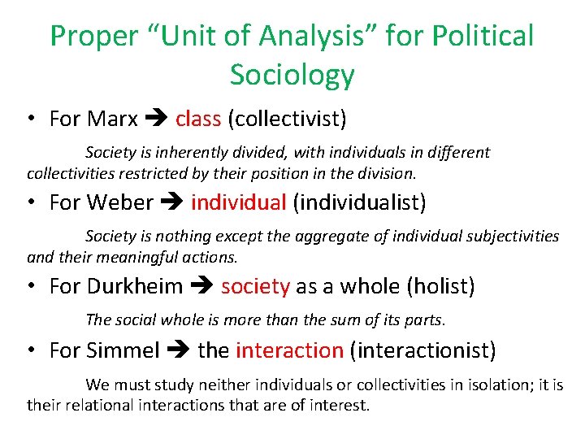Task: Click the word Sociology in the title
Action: click(x=292, y=75)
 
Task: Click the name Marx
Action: click(x=112, y=119)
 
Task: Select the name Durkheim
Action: click(x=135, y=286)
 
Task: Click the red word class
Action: click(x=198, y=119)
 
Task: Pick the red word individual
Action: click(x=239, y=202)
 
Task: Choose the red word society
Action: click(x=255, y=286)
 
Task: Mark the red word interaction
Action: click(x=289, y=350)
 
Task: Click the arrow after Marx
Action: click(x=156, y=120)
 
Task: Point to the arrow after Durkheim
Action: click(x=202, y=287)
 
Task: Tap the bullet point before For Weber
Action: click(x=29, y=202)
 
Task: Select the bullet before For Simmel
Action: click(x=29, y=351)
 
